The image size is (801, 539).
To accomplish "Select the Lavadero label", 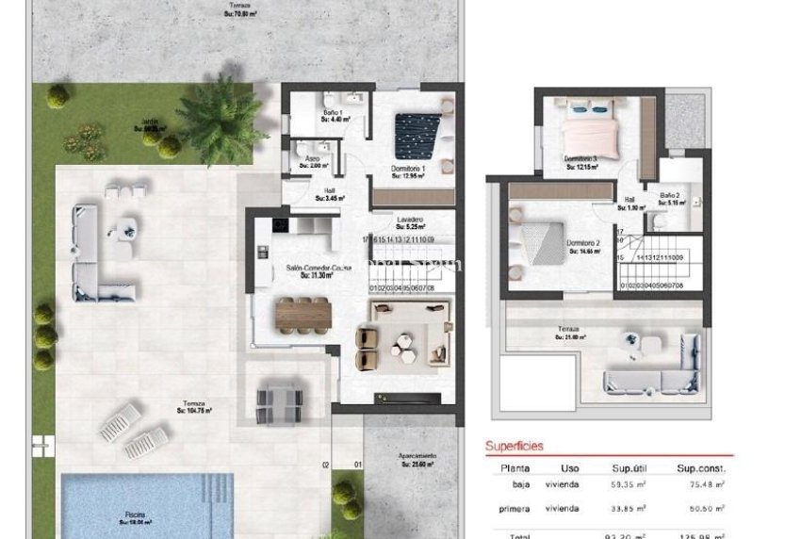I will [x=409, y=222].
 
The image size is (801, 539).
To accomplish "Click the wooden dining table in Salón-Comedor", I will [x=303, y=313].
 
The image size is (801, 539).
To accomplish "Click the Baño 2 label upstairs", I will [x=671, y=199].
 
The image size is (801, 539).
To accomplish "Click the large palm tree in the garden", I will [x=221, y=118].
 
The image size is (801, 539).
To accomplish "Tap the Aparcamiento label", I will [x=415, y=460].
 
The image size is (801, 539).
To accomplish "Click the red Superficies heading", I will [x=514, y=447].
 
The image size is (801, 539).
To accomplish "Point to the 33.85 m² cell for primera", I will [x=627, y=508].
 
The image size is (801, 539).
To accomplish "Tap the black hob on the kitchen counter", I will [x=280, y=224].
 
